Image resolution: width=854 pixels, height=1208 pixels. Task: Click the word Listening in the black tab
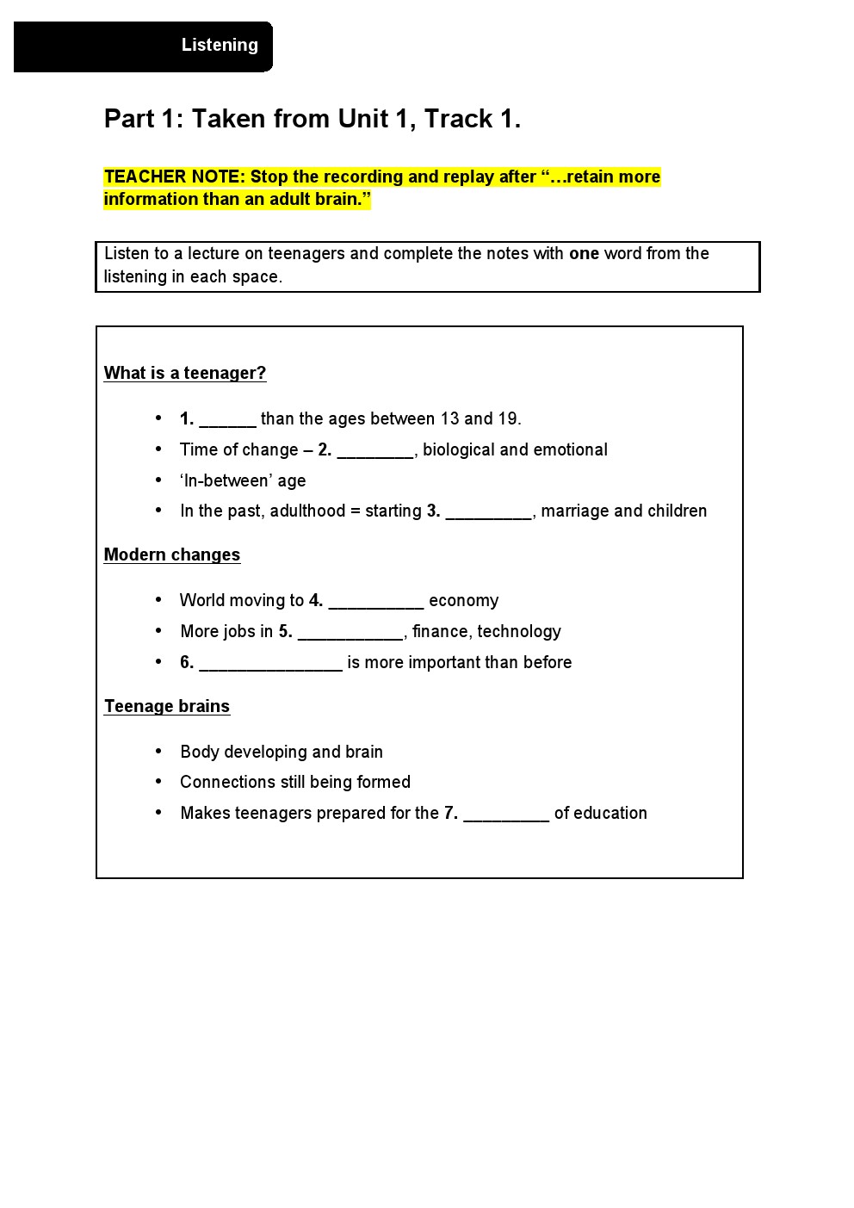click(220, 45)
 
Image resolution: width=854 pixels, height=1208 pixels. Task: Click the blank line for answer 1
click(227, 420)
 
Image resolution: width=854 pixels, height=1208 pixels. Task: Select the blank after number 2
click(375, 451)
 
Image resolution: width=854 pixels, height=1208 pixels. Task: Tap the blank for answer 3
click(488, 512)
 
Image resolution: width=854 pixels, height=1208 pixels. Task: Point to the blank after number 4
click(375, 602)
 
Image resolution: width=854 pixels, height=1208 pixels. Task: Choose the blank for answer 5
click(350, 633)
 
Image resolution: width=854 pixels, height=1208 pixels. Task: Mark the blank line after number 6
click(270, 664)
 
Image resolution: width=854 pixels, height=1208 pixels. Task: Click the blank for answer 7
click(506, 815)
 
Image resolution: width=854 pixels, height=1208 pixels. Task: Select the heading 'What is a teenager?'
click(185, 373)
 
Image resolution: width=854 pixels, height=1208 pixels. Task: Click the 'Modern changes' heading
click(172, 554)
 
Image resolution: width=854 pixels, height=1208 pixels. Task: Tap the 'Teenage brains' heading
click(167, 706)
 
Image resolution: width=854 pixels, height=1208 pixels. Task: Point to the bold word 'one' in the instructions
click(584, 253)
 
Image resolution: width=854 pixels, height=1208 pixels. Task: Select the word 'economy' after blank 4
click(463, 601)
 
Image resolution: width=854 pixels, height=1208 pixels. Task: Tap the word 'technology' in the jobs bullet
click(519, 631)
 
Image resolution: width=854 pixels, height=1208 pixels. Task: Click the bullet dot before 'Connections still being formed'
click(158, 782)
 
